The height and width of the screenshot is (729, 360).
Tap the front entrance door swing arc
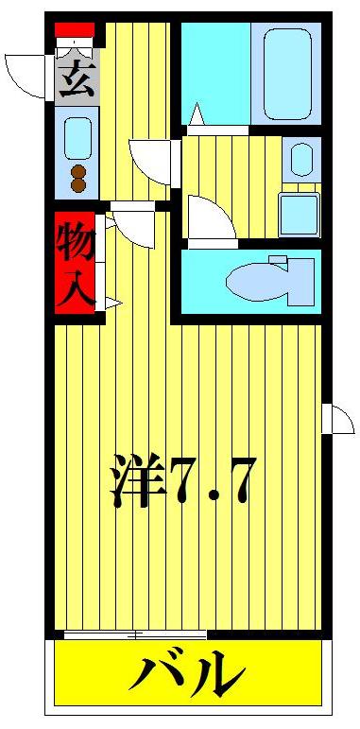pos(26,76)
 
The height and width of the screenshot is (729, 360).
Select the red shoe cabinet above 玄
pos(75,30)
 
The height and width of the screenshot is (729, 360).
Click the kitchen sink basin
pos(77,138)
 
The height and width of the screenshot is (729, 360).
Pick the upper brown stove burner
pos(78,171)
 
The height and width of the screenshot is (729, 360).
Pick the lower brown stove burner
pos(78,186)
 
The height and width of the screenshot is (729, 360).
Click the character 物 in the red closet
pos(76,242)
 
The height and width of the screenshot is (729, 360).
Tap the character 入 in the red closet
pos(76,286)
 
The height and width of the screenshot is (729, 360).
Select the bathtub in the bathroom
pos(286,74)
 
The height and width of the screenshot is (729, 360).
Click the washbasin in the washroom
pos(301,160)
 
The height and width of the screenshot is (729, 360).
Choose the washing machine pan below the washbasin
pos(300,215)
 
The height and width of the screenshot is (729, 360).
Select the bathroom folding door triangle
pos(197,116)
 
